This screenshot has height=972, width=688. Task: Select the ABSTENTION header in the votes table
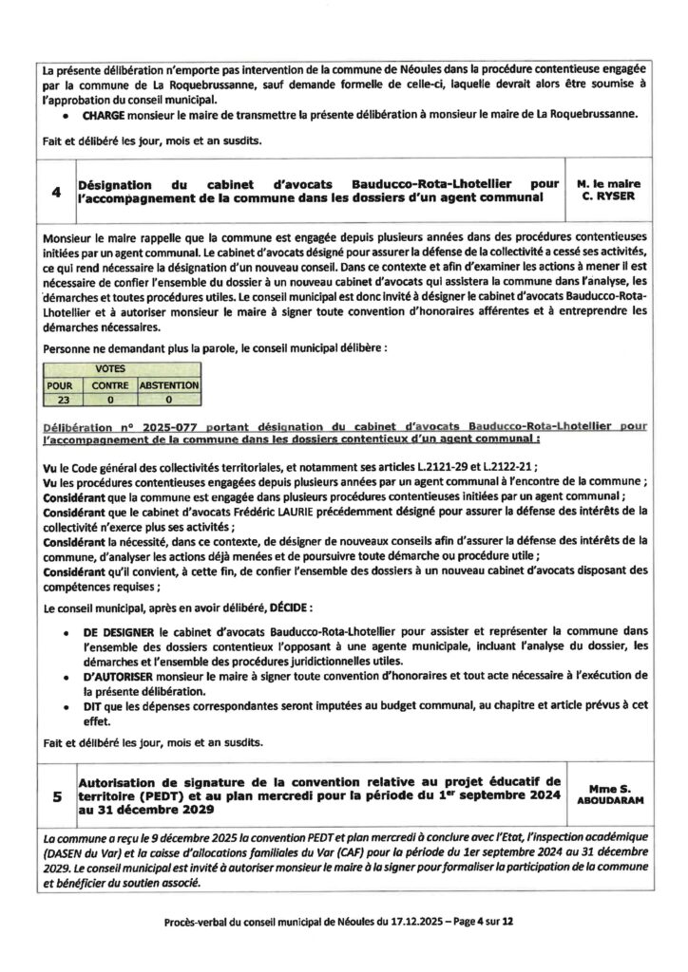(168, 386)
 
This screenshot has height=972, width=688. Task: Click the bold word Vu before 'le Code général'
(50, 467)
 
